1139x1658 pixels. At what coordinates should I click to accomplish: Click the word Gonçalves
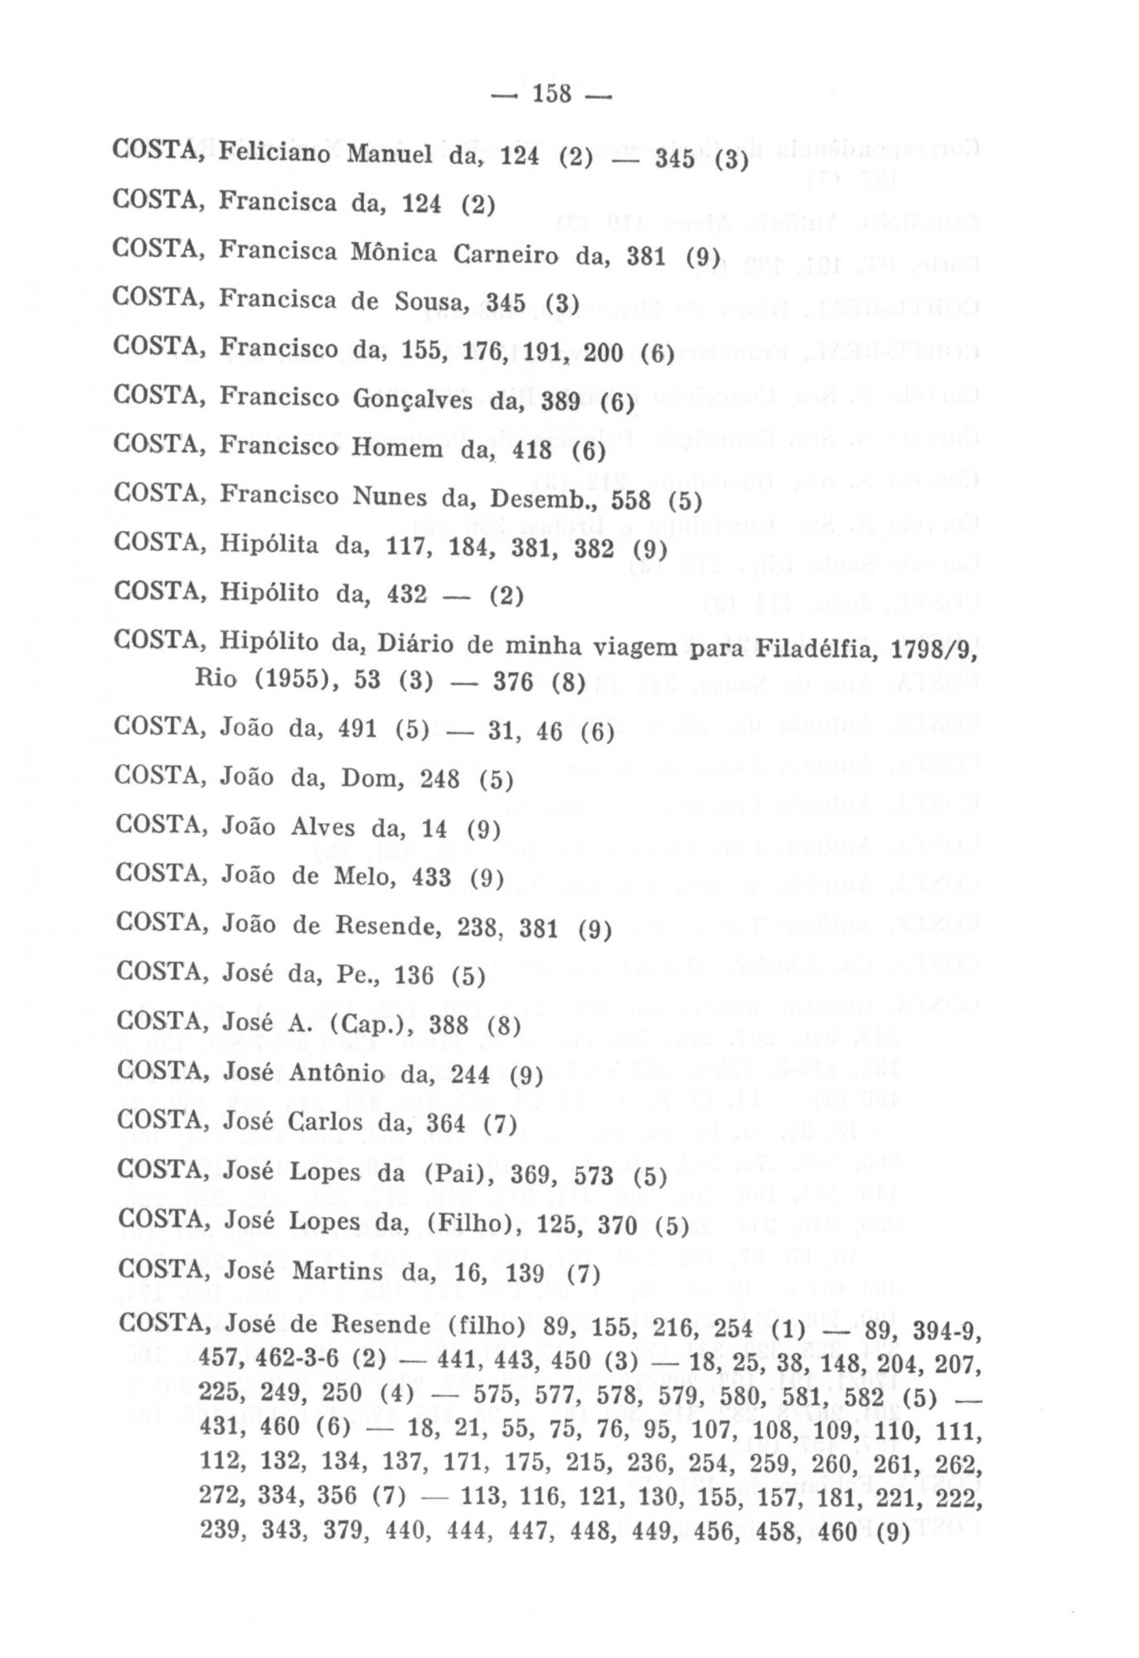[414, 400]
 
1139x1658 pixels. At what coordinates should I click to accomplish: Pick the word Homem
[398, 448]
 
